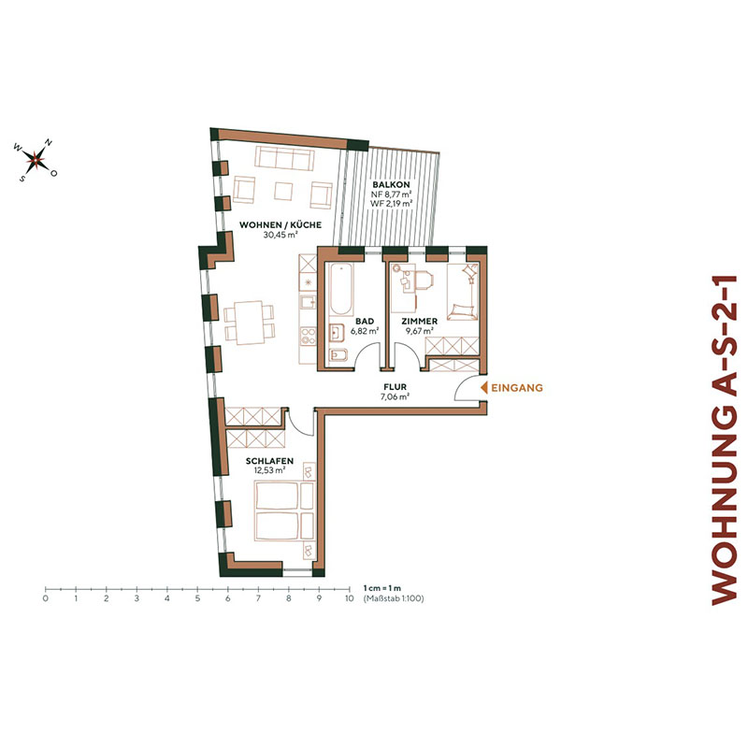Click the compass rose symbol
(36, 160)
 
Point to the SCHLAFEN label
(271, 460)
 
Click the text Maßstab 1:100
(394, 597)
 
